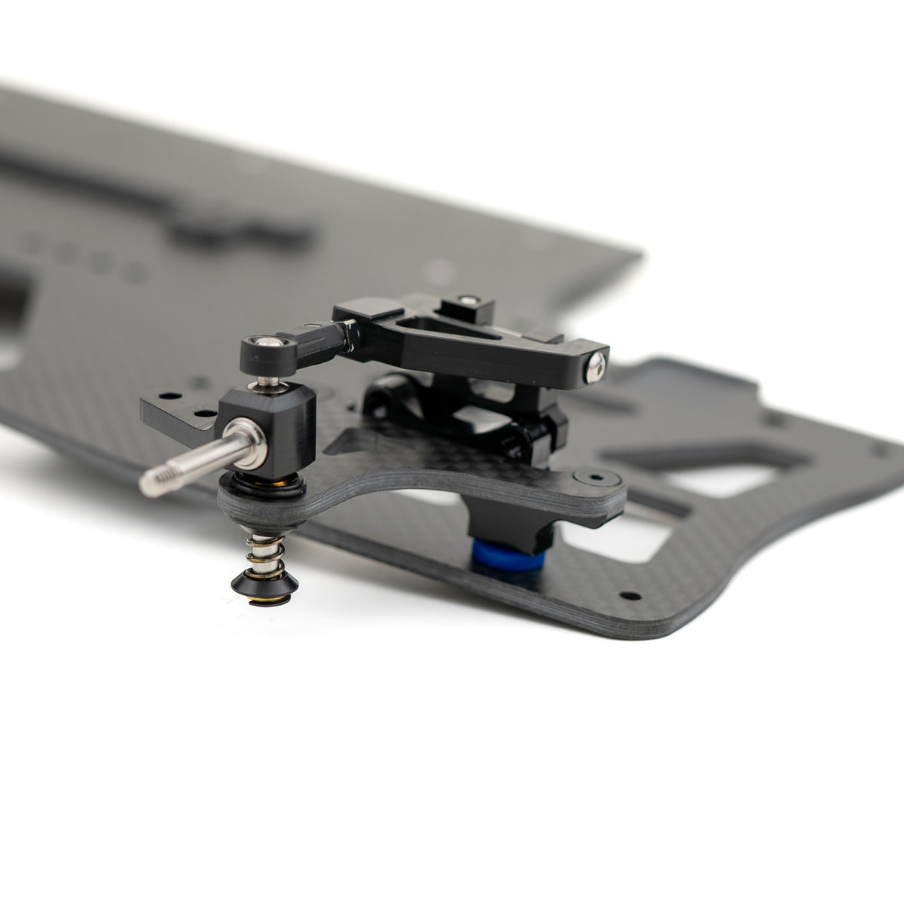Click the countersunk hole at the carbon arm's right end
[x=593, y=477]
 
